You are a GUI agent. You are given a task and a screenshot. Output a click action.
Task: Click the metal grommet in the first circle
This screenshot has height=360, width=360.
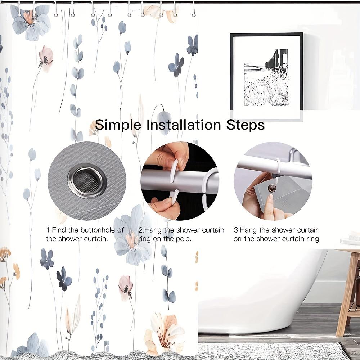pos(87,180)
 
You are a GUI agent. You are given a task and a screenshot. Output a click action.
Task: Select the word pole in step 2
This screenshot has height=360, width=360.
pos(183,239)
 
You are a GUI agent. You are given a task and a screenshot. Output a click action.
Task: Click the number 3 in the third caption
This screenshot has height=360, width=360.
pos(235,230)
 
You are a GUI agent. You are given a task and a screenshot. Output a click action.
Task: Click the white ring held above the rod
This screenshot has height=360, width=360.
pos(174,166)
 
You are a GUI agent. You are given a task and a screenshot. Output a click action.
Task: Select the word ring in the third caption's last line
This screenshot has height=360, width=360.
pos(312,239)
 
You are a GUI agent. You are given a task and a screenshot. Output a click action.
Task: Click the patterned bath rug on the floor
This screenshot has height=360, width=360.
pos(270,351)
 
